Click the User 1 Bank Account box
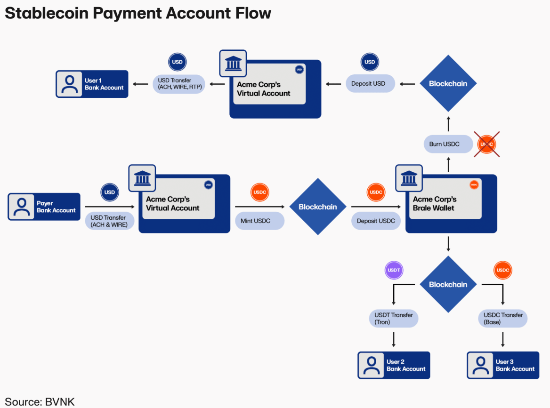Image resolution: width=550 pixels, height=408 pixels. tap(92, 84)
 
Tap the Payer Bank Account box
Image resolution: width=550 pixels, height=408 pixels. tap(44, 207)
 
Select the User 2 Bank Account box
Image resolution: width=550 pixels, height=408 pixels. tap(394, 365)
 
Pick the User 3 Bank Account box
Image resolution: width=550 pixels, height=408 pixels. tap(503, 365)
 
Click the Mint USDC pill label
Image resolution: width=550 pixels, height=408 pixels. tap(259, 221)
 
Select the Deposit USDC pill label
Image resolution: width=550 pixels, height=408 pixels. tap(376, 221)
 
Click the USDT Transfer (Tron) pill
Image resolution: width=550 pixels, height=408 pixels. tap(393, 319)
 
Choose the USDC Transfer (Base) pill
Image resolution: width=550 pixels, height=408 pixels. tap(503, 319)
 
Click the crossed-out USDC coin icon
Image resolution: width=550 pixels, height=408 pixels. tap(487, 144)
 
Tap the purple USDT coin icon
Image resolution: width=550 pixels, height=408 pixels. tap(394, 271)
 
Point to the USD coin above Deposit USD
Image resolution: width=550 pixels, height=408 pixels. tap(370, 62)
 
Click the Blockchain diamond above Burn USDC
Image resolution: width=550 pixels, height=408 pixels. tap(448, 84)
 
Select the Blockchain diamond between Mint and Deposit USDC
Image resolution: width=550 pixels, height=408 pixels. tap(318, 207)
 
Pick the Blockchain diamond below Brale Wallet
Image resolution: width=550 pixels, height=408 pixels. tap(448, 284)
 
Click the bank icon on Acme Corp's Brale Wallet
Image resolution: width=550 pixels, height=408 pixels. tap(408, 178)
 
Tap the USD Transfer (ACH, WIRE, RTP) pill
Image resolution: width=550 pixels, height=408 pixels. tap(178, 84)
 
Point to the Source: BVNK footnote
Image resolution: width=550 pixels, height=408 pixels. tap(40, 402)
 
